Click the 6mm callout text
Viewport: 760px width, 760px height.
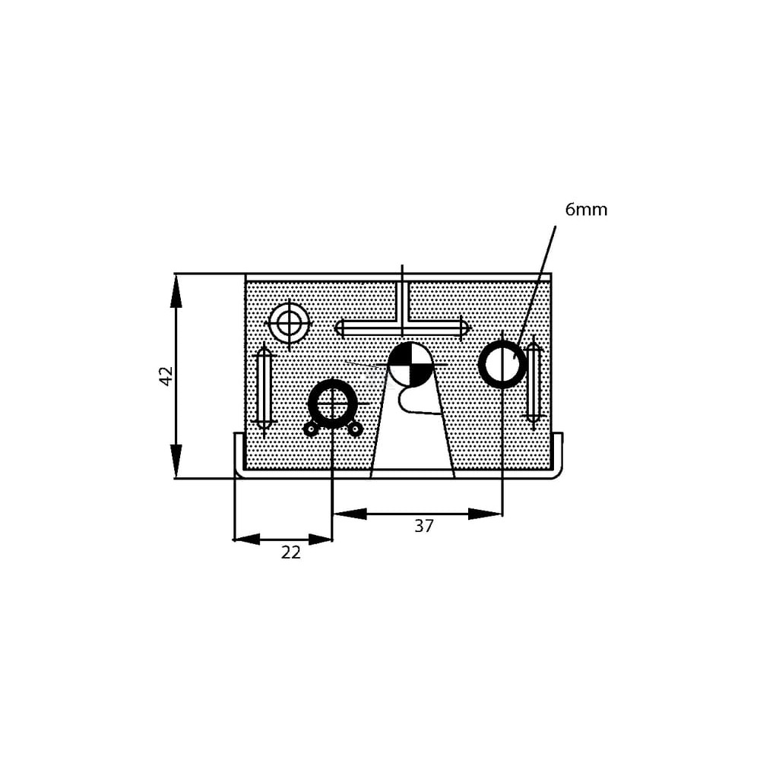coord(585,210)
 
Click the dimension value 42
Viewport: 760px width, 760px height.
coord(166,376)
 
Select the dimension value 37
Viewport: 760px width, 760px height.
coord(423,526)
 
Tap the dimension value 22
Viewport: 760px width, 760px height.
coord(291,552)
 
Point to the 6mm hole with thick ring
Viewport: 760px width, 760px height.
coord(502,365)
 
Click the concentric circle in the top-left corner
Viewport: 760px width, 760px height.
coord(290,321)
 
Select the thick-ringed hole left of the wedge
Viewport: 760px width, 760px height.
coord(333,404)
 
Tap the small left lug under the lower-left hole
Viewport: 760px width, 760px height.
coord(310,429)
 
